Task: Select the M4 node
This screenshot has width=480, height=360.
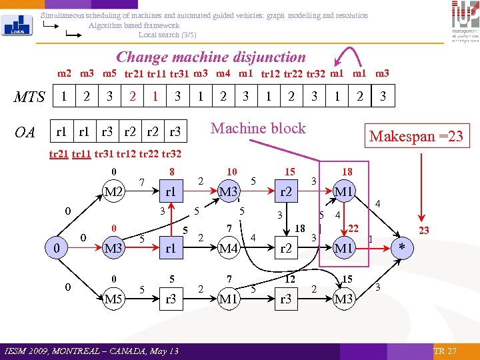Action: [x=229, y=249]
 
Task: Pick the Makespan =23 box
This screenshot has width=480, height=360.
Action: [x=416, y=136]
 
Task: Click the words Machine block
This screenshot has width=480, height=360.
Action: [x=258, y=128]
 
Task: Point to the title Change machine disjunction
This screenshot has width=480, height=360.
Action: [x=211, y=57]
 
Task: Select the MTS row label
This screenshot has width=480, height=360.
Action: [x=29, y=97]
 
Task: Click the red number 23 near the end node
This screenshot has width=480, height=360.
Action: [x=424, y=230]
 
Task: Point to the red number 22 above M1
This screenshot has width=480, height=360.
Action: [x=354, y=229]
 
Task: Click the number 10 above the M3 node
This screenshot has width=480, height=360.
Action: [x=231, y=172]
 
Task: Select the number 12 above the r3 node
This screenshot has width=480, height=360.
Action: [x=290, y=278]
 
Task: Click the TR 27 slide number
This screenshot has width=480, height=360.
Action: [x=445, y=351]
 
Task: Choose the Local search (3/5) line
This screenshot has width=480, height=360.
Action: [x=167, y=35]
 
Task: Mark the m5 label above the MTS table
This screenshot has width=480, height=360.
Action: [x=110, y=73]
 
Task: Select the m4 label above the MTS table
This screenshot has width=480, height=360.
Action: [x=222, y=73]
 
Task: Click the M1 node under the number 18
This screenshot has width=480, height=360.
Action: [x=343, y=193]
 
